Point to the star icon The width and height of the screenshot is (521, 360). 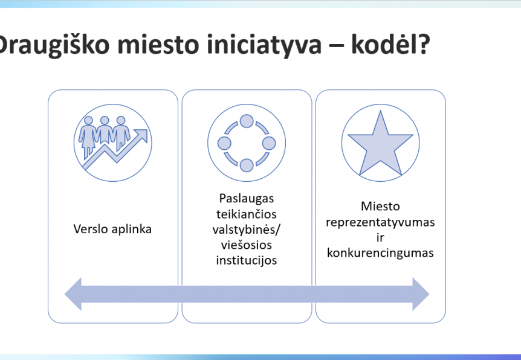click(380, 144)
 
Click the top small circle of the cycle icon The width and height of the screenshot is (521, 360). click(247, 121)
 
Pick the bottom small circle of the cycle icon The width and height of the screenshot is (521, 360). click(247, 165)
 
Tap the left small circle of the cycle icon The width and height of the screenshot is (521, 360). click(224, 143)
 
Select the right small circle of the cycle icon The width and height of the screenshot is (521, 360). click(269, 143)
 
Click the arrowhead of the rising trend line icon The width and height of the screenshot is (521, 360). click(142, 135)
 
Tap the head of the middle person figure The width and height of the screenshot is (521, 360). click(105, 120)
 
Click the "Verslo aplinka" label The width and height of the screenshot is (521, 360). click(112, 229)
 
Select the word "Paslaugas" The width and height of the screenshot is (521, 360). click(247, 199)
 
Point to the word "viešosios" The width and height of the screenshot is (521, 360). click(247, 245)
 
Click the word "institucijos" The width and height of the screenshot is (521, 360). click(247, 261)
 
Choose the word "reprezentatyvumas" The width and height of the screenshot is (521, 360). click(380, 222)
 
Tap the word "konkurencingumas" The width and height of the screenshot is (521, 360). click(380, 253)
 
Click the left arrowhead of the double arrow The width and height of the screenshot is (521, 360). click(73, 294)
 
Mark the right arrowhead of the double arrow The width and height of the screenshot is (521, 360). click(421, 294)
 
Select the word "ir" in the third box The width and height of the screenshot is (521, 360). click(380, 237)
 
